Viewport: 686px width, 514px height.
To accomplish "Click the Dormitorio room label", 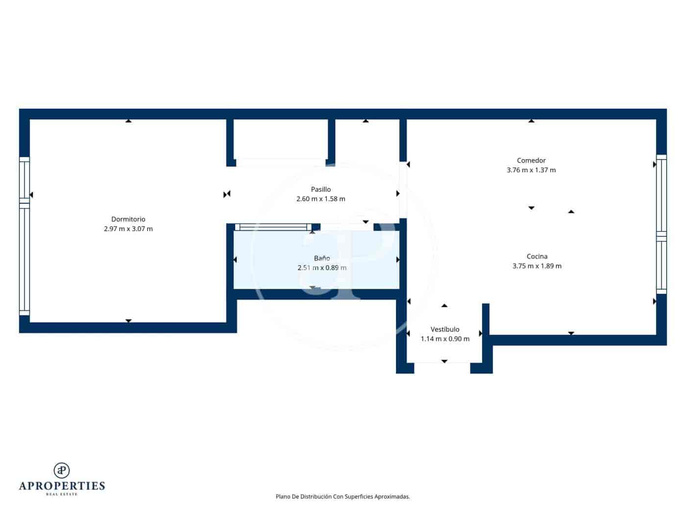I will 128,219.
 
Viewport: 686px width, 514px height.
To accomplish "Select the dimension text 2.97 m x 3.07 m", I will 128,229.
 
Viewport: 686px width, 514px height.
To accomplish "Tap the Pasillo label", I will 321,189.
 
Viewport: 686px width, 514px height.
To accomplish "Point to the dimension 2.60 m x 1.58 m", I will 321,199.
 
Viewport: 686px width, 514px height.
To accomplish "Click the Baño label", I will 322,258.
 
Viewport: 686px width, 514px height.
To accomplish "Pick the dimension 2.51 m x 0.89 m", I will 322,268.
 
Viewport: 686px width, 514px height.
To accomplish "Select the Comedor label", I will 531,161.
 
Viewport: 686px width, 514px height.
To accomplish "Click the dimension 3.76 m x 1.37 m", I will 531,170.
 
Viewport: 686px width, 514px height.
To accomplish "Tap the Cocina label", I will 537,257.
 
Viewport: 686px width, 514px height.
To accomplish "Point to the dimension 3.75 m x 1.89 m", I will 537,266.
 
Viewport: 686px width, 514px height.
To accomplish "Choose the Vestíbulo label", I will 445,329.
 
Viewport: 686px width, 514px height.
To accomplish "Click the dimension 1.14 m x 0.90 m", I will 445,339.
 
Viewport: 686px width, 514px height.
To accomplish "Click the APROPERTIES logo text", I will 62,486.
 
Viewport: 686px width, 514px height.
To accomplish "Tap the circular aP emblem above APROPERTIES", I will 62,470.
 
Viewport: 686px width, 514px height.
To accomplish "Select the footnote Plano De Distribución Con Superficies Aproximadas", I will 343,497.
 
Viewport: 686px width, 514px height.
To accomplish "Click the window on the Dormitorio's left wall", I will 24,236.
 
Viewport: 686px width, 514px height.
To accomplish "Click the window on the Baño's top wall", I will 273,227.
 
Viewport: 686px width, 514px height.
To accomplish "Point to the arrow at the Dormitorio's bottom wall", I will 128,321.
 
